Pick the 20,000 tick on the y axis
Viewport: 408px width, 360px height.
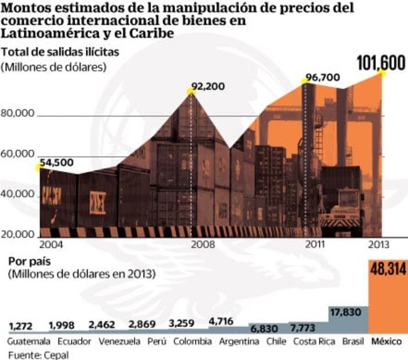pyautogui.click(x=19, y=234)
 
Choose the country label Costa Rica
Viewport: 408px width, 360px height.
pyautogui.click(x=313, y=341)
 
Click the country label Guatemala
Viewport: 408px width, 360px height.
pyautogui.click(x=29, y=341)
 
